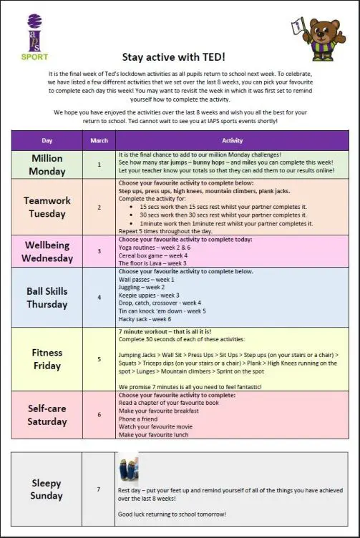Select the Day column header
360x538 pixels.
pyautogui.click(x=47, y=140)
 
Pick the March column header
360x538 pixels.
pyautogui.click(x=99, y=140)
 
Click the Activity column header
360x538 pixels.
pyautogui.click(x=233, y=140)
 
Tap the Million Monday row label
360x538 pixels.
pyautogui.click(x=47, y=165)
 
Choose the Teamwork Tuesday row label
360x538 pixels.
pyautogui.click(x=47, y=207)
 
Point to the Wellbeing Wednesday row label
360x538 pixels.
pyautogui.click(x=47, y=252)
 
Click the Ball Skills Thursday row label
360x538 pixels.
pyautogui.click(x=47, y=297)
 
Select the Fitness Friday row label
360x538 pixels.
pyautogui.click(x=47, y=358)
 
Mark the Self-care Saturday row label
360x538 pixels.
pyautogui.click(x=47, y=415)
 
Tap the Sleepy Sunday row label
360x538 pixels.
pyautogui.click(x=47, y=489)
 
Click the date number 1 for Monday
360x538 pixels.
pyautogui.click(x=99, y=164)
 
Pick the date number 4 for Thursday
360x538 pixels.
pyautogui.click(x=99, y=297)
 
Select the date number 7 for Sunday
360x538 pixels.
pyautogui.click(x=99, y=489)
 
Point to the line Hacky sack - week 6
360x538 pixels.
pyautogui.click(x=150, y=319)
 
